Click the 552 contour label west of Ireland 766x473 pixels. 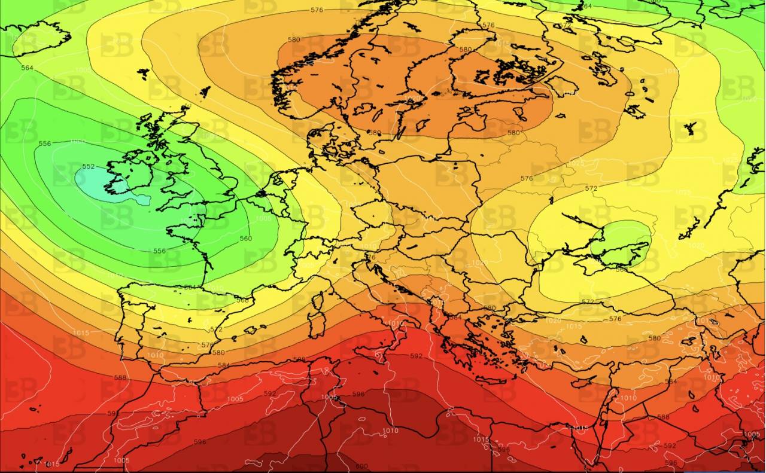89,166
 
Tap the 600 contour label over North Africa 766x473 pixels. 361,466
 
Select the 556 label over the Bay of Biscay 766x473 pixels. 159,251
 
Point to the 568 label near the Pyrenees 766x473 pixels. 242,300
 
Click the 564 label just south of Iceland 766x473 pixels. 27,68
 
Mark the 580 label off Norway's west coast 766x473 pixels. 294,40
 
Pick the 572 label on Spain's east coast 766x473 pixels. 217,329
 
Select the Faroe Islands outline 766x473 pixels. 144,74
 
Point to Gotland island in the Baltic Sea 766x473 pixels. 423,126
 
